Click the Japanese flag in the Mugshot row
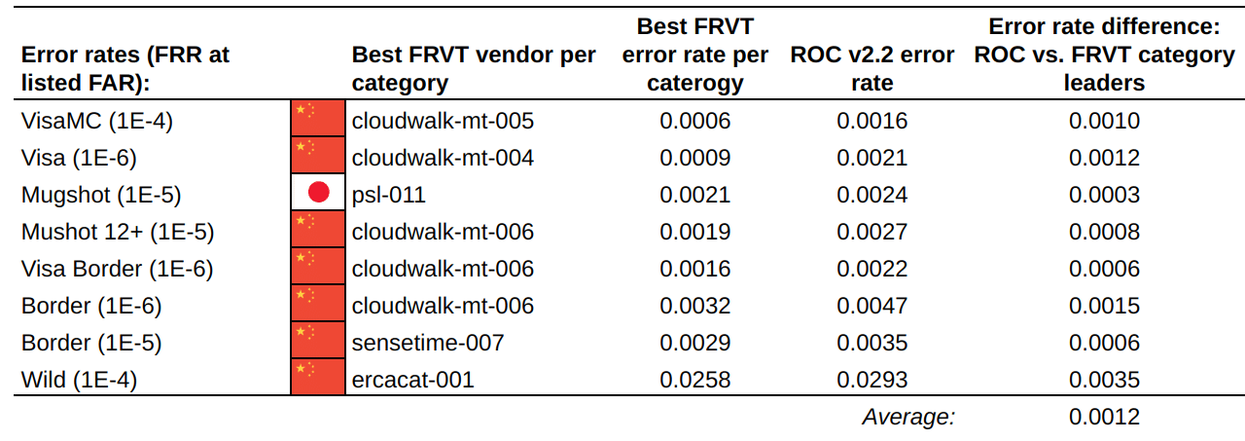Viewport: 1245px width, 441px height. coord(318,194)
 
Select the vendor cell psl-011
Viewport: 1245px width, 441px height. coord(388,195)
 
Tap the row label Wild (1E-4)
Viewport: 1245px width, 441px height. coord(79,380)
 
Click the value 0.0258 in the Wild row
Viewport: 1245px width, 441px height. coord(694,380)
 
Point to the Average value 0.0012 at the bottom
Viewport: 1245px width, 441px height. coord(1104,417)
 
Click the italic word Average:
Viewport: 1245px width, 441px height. coord(908,417)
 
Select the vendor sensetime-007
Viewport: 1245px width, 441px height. coord(428,343)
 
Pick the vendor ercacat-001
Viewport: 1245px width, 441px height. coord(412,380)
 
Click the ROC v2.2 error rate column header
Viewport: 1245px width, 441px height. coord(872,68)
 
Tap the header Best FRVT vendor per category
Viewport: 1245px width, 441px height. coord(474,68)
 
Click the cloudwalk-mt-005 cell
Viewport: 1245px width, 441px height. coord(443,121)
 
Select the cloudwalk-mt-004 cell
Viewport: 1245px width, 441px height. coord(443,158)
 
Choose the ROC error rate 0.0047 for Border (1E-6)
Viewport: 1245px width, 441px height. coord(872,306)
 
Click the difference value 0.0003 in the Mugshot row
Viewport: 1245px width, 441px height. coord(1104,195)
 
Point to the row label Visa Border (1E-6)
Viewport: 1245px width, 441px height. coord(117,269)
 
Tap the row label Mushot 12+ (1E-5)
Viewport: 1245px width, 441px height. coord(118,232)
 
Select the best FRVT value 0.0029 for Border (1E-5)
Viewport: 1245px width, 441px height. coord(694,343)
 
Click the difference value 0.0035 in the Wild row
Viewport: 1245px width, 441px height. coord(1104,380)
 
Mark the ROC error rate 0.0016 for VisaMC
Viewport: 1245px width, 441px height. coord(872,121)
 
